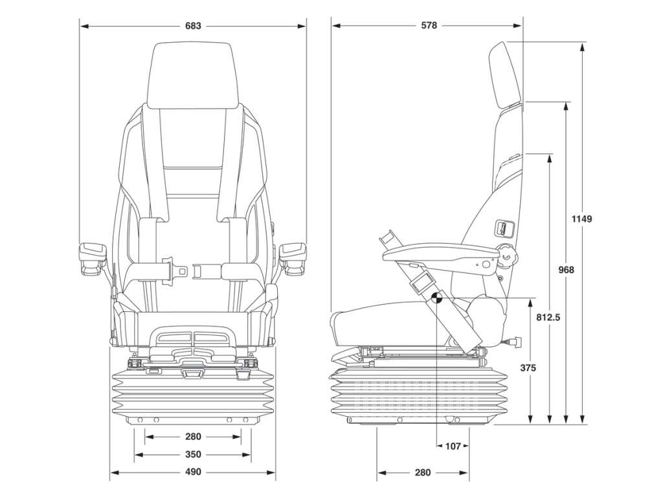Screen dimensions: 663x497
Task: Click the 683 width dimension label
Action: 193,26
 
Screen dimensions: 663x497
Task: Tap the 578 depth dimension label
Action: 429,26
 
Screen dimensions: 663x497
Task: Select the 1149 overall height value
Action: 582,219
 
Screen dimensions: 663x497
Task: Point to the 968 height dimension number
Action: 566,270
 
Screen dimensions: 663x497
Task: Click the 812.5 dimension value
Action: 548,317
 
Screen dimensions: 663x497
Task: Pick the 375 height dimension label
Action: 528,368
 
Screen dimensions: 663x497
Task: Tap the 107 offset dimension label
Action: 453,446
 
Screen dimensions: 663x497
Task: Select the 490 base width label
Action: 193,472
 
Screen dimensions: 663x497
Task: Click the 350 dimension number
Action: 193,455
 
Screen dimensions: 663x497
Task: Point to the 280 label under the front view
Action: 193,437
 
